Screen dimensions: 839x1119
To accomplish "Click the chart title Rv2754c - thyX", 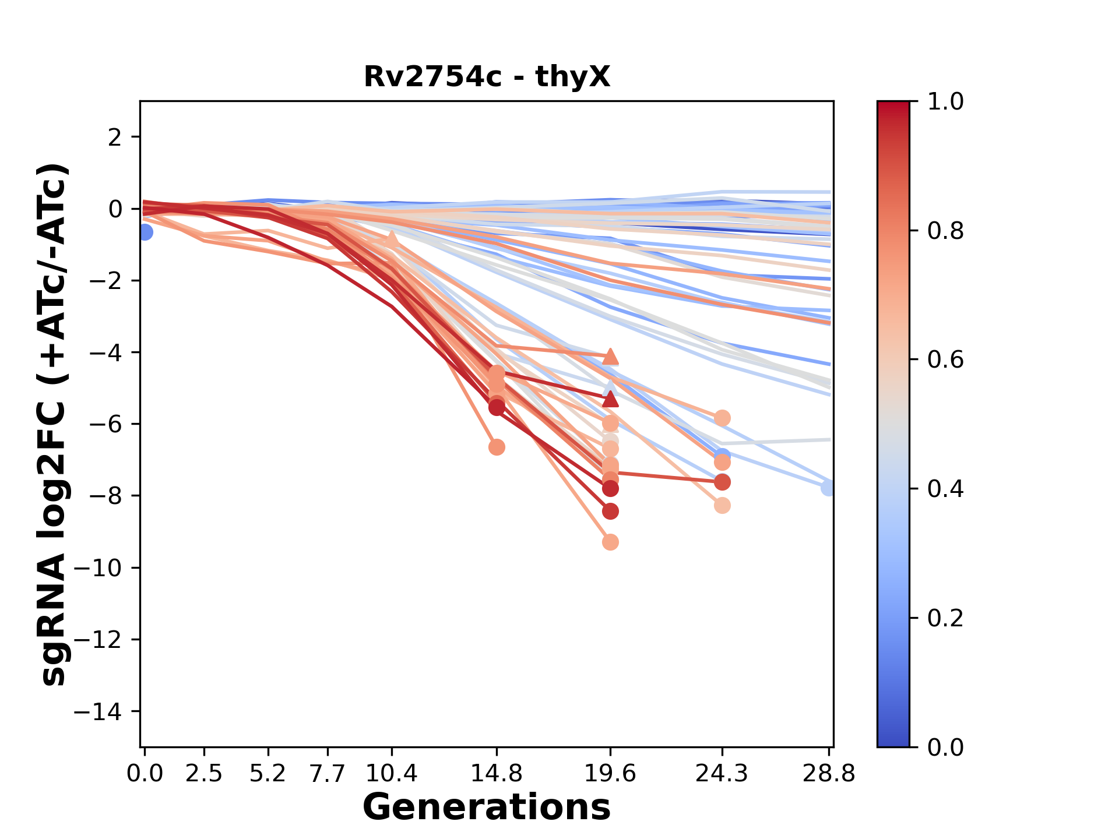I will pos(487,77).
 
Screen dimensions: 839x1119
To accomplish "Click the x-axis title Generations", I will pos(487,808).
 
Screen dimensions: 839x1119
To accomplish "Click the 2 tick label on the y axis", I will pos(115,138).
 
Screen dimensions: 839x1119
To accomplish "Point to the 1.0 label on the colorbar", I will pos(945,102).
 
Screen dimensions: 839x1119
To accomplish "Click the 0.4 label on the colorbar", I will pos(945,489).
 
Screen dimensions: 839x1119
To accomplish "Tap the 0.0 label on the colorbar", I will pos(945,747).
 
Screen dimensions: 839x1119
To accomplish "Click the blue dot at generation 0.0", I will pos(145,232).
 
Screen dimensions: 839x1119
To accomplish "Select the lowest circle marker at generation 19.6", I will pos(610,542).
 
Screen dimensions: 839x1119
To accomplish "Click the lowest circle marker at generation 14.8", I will pos(497,447).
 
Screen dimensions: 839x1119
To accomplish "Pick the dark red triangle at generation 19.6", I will pos(610,399).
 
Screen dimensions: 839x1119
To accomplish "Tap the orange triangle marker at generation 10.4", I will pos(392,239).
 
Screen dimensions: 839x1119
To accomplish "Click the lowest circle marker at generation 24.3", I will pos(722,506).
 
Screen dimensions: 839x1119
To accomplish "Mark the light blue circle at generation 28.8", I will pos(828,488).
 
